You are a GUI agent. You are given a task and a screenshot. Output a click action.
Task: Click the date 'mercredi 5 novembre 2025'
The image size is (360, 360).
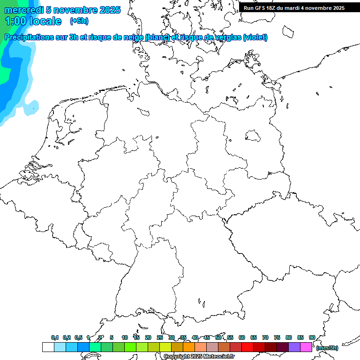click(x=62, y=10)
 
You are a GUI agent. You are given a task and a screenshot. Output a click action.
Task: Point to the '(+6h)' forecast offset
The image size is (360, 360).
click(x=79, y=21)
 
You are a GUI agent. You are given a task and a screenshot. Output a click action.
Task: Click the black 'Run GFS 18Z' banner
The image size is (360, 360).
click(x=294, y=8)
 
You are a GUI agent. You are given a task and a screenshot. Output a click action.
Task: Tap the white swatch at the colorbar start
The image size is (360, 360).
click(x=48, y=347)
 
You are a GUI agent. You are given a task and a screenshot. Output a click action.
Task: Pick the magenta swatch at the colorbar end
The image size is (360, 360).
click(x=306, y=347)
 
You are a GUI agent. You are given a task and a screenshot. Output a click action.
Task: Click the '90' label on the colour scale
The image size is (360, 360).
click(x=312, y=337)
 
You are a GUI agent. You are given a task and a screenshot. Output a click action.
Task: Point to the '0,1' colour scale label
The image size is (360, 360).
click(x=55, y=337)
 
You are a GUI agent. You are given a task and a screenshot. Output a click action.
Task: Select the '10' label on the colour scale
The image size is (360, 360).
click(x=125, y=337)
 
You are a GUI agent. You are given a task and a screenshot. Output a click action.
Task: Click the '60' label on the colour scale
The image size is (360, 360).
click(x=242, y=337)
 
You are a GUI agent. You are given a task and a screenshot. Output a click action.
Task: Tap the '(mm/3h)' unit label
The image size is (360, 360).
click(x=327, y=348)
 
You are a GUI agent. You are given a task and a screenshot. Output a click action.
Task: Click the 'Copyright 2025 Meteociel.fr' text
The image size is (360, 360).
click(x=199, y=356)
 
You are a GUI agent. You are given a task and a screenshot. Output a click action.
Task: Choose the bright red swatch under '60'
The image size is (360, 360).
click(x=247, y=347)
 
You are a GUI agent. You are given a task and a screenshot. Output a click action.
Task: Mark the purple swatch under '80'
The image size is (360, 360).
click(x=294, y=347)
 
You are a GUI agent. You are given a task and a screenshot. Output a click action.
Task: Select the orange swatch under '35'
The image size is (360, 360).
click(x=189, y=347)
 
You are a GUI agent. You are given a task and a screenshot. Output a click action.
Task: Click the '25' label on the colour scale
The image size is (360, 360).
click(x=160, y=337)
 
